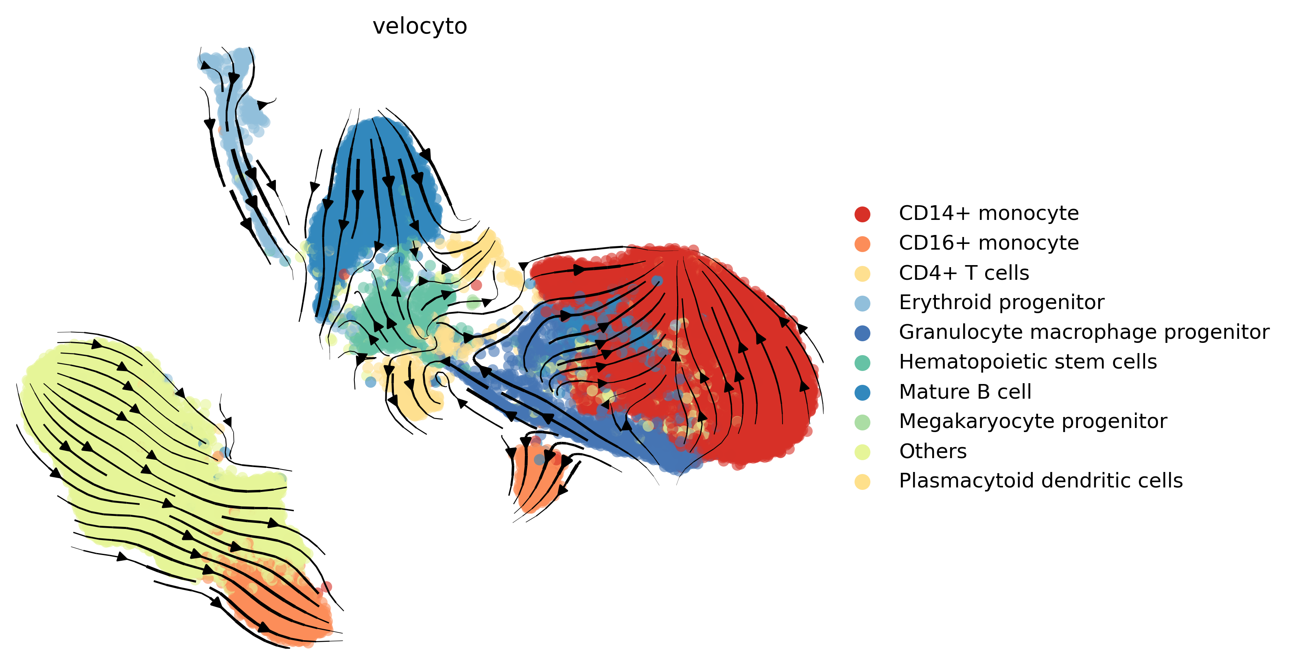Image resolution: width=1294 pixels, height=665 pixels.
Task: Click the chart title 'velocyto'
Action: [x=420, y=26]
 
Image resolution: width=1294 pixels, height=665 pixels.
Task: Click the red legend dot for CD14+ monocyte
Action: [x=862, y=214]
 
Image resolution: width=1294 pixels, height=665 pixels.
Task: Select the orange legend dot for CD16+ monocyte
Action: [x=862, y=244]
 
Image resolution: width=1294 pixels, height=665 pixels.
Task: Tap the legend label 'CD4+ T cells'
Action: [x=964, y=273]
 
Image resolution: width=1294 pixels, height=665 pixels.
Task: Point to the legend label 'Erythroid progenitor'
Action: [x=1001, y=303]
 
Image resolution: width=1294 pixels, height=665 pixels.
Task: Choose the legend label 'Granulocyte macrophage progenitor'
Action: [x=1084, y=332]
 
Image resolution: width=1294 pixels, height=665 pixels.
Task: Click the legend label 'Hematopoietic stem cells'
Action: [x=1027, y=362]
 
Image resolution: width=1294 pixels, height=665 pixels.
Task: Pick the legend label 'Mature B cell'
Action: [x=964, y=392]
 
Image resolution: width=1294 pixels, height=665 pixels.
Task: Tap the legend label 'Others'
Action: [x=932, y=451]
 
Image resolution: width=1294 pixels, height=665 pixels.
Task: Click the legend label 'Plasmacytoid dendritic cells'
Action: [x=1040, y=481]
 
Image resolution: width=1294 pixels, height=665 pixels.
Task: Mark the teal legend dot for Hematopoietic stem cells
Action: [x=862, y=363]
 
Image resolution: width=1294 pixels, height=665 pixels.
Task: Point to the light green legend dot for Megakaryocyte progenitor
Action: [x=862, y=422]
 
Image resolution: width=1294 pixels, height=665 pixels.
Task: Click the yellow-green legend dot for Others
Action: [x=862, y=452]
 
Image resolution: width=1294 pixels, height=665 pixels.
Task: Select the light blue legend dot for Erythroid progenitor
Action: [x=862, y=303]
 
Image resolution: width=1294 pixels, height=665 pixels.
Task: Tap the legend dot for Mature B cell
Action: [x=862, y=393]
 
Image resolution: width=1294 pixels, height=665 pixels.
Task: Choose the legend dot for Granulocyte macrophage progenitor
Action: [x=862, y=333]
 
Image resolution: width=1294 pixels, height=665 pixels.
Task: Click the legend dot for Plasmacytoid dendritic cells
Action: [x=862, y=481]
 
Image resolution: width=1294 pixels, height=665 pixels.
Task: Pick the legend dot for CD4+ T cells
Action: [x=862, y=273]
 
